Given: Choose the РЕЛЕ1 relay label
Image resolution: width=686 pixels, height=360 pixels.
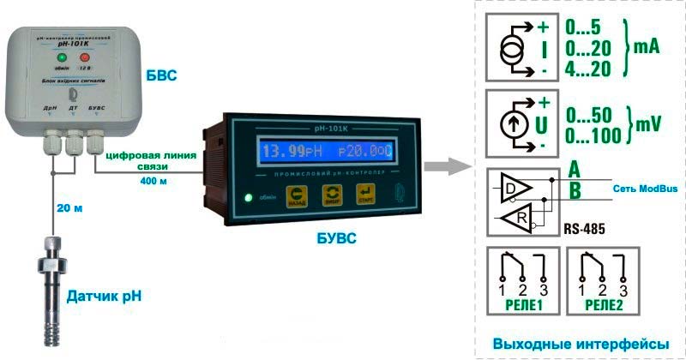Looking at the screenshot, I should pyautogui.click(x=520, y=305).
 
